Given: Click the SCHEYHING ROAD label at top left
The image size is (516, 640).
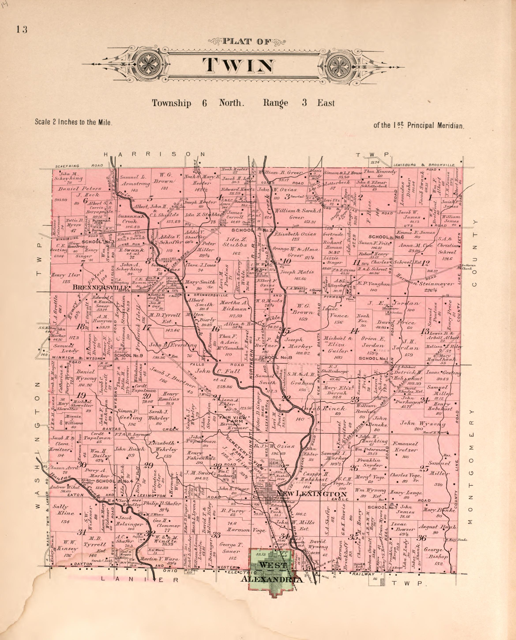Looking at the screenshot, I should click(79, 166).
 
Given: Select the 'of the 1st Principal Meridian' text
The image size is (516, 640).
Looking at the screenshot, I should click(418, 126).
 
